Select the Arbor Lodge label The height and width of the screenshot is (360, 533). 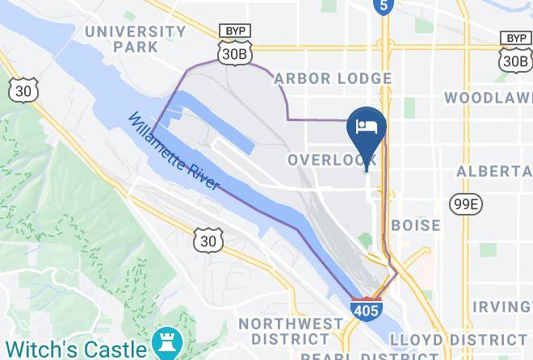click(333, 79)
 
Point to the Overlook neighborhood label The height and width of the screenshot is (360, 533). click(333, 160)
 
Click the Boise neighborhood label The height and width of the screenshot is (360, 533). click(416, 225)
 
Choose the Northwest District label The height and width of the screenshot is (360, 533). click(291, 332)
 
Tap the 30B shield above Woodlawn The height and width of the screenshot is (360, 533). click(515, 60)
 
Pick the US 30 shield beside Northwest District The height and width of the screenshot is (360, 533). click(208, 240)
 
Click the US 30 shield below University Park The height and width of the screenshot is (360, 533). click(22, 91)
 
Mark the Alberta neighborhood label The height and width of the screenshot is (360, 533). click(494, 172)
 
